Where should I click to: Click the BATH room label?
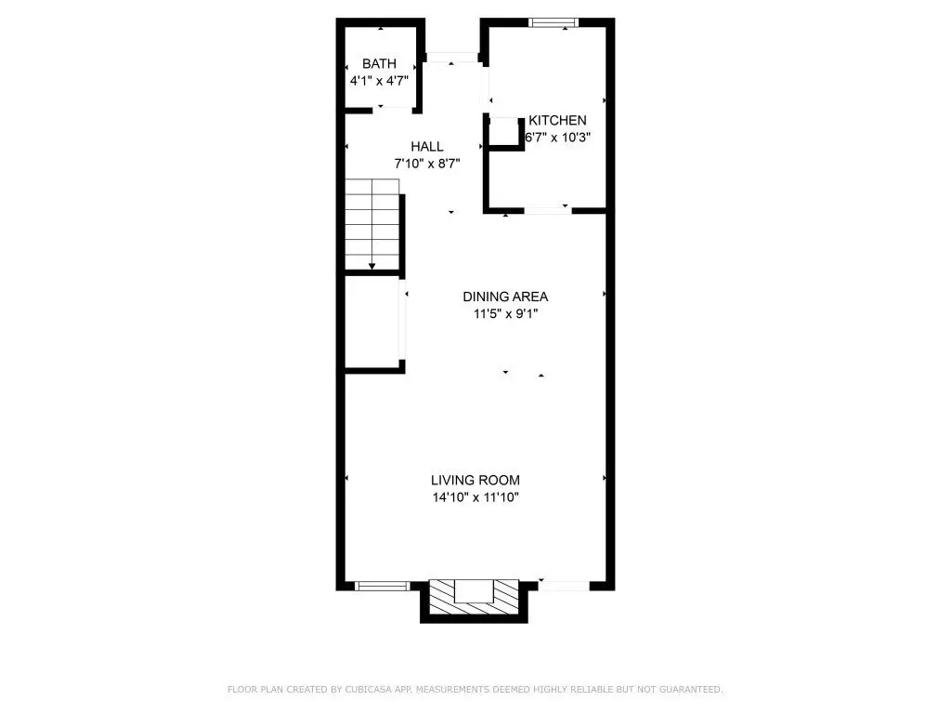(x=379, y=64)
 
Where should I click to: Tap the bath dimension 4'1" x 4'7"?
(x=379, y=81)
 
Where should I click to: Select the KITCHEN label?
(x=557, y=120)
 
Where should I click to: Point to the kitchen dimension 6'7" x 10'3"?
(x=557, y=138)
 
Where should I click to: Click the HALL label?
(x=427, y=146)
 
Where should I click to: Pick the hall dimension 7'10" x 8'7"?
(x=427, y=164)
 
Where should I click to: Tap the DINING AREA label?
(x=505, y=297)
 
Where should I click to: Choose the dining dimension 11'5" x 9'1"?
(x=505, y=314)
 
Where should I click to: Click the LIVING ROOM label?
(x=475, y=481)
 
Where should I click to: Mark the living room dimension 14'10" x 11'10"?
(x=475, y=497)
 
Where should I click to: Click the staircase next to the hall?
(x=372, y=224)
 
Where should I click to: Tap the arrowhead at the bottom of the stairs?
(x=371, y=267)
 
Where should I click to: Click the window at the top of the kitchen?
(x=553, y=23)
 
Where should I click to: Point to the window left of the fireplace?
(x=382, y=586)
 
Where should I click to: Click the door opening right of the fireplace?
(x=564, y=586)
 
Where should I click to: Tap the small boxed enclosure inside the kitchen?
(x=504, y=132)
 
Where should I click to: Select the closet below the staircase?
(x=371, y=322)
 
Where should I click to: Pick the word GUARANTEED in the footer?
(x=691, y=689)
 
